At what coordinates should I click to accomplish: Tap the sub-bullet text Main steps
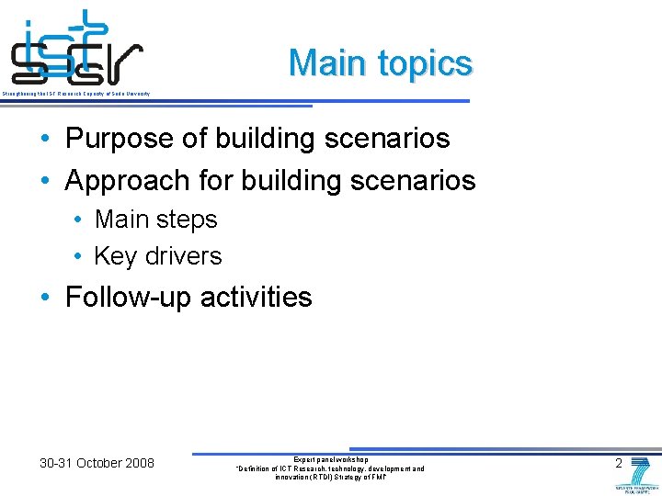point(155,220)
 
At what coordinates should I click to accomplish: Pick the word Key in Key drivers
point(114,255)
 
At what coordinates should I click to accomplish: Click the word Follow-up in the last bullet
point(129,298)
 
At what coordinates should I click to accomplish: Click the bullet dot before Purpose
point(45,140)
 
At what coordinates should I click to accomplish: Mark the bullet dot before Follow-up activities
point(45,299)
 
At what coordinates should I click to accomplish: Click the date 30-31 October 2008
point(97,463)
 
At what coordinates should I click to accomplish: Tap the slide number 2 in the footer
point(619,463)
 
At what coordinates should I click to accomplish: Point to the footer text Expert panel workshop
point(330,458)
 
